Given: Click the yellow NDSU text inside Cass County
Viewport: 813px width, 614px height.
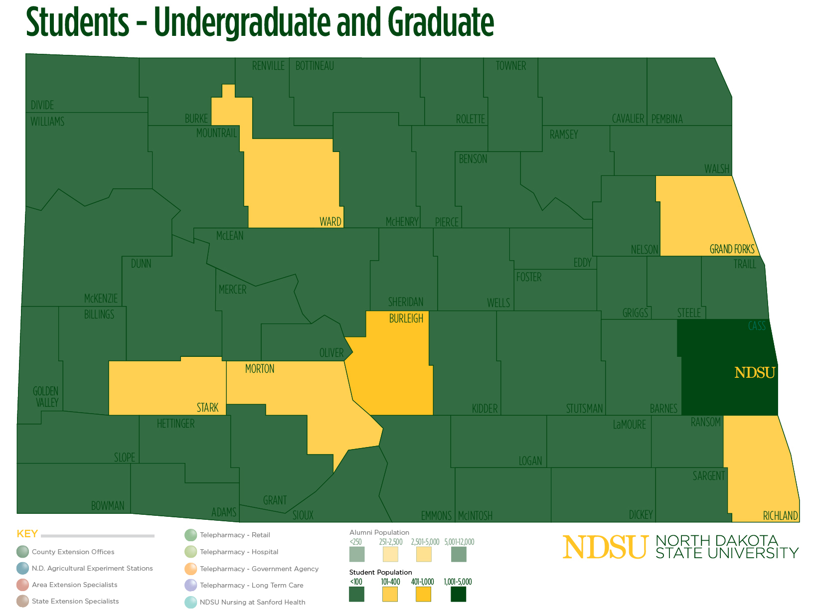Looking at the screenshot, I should pos(755,373).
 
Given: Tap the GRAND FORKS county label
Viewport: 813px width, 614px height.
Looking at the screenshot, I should pos(732,249).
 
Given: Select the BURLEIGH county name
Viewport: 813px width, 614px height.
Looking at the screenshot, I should pos(406,318).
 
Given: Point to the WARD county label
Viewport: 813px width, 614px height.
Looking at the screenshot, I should pos(330,222).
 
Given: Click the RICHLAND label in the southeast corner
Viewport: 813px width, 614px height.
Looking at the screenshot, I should pos(780,516).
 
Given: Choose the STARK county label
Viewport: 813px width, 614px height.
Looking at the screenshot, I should pos(207,408).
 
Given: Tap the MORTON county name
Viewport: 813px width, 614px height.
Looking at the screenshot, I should pos(260,369).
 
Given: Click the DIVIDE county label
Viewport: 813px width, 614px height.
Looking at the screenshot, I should pos(42,105).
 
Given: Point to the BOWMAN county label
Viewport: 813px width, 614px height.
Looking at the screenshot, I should pos(108,506).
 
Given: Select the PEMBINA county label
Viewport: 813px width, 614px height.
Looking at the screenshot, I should pos(667,119).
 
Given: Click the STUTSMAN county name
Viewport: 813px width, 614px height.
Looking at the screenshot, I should pos(584,409).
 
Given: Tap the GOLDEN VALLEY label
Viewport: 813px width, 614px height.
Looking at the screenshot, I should pos(46,397).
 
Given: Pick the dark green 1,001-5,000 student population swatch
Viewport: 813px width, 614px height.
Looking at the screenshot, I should pos(458,594).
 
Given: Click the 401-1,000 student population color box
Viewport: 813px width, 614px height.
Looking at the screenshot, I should pos(423,594).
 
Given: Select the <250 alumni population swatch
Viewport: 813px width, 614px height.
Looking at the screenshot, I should pos(357,554).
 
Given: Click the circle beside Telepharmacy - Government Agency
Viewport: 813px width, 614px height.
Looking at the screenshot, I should pos(190,569).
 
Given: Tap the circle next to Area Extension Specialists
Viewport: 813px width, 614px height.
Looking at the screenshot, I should pos(22,585).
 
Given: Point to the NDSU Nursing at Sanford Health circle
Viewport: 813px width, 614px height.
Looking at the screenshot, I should pos(190,602).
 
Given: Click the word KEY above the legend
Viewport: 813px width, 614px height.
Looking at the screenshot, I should pos(27,534).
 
